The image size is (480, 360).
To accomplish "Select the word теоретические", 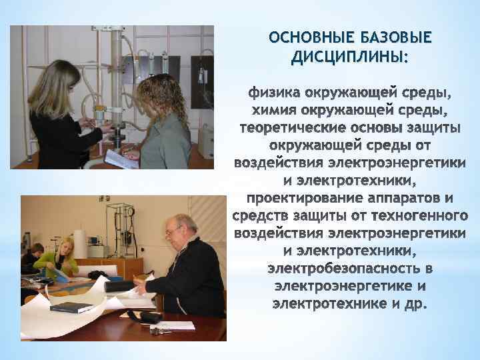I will (x=287, y=127).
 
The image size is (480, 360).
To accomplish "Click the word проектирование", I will (x=307, y=199).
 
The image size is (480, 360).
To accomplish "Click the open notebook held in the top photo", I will (x=120, y=159).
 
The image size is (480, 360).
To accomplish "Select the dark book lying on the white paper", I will (x=71, y=307).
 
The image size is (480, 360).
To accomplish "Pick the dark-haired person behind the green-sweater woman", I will (x=33, y=257).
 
